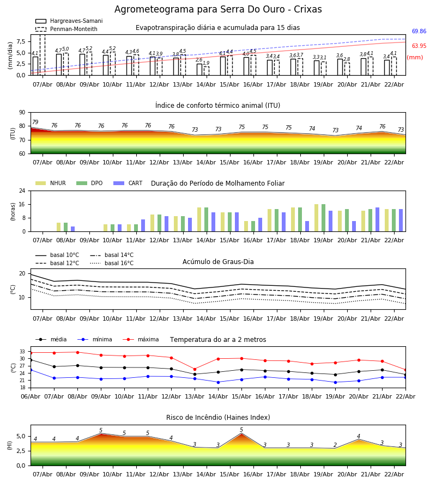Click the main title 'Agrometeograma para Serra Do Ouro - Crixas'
point(218,10)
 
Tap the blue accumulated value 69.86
point(419,32)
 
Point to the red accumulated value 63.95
point(419,46)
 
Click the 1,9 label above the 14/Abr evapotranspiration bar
point(206,63)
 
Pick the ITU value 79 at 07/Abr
point(35,122)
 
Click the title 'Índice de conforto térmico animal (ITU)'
point(217,106)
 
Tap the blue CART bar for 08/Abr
point(73,229)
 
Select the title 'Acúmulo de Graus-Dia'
point(218,262)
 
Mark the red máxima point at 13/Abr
point(195,369)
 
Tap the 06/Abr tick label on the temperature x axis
point(31,396)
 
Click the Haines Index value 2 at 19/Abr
point(335,445)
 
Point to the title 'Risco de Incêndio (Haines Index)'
point(218,418)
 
